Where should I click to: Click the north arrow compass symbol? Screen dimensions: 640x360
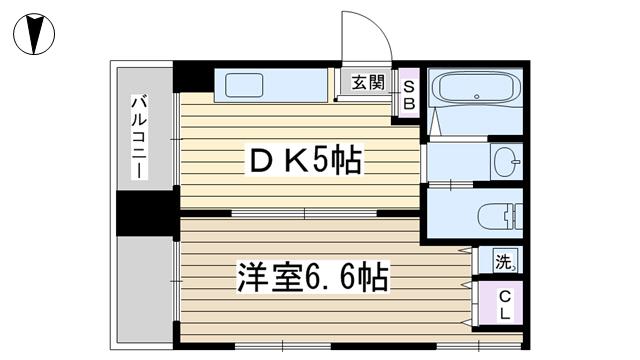click(34, 34)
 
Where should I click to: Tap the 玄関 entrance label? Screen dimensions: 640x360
click(368, 83)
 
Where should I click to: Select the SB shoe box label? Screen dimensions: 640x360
click(409, 95)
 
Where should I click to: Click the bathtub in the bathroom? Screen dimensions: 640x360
click(476, 87)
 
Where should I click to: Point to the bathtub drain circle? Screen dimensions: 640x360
click(476, 97)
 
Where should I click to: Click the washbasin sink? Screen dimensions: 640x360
click(507, 162)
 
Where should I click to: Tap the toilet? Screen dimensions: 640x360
click(500, 215)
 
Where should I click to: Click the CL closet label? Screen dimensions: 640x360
click(505, 305)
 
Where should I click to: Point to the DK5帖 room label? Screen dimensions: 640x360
click(305, 161)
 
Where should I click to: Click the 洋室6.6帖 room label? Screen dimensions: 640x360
click(313, 277)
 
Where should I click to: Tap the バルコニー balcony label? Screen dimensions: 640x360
click(139, 137)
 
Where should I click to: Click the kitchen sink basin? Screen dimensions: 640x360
click(244, 85)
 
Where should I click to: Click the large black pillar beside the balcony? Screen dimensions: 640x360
click(148, 213)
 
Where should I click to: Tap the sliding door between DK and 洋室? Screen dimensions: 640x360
click(304, 213)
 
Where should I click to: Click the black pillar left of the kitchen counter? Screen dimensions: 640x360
click(193, 76)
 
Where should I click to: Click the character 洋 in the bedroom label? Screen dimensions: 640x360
click(253, 277)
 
